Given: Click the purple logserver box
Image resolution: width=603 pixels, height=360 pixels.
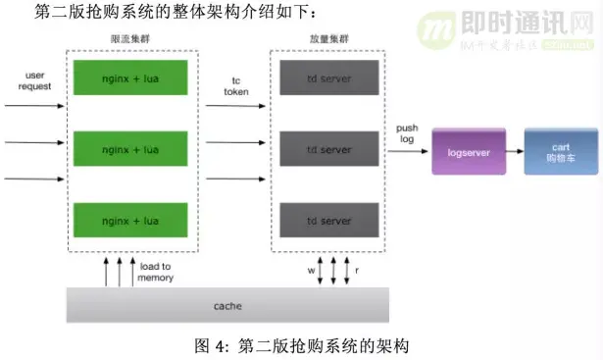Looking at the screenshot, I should (468, 152).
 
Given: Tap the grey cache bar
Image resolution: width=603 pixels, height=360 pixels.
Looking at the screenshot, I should (227, 305).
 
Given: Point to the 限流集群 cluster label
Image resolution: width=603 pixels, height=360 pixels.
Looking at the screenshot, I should (129, 37).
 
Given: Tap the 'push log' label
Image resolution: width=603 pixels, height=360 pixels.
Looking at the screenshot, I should (407, 134).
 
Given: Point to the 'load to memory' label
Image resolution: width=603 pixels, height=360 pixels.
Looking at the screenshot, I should (155, 272).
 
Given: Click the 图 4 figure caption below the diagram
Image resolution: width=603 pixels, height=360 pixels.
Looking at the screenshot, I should (301, 345).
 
